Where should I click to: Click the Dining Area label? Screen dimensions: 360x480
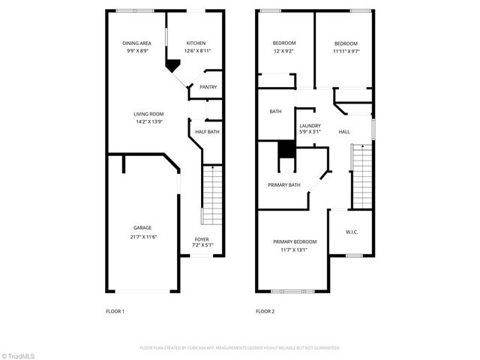click(x=137, y=43)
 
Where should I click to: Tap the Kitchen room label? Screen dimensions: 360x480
click(x=196, y=43)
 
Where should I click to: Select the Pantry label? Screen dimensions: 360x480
click(x=208, y=87)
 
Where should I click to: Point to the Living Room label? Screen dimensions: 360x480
click(x=148, y=113)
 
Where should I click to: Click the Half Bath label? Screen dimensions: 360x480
click(x=207, y=132)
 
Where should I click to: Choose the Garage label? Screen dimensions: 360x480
click(x=142, y=228)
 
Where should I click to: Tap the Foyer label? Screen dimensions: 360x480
click(x=202, y=239)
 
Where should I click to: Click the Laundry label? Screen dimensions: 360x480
click(x=310, y=125)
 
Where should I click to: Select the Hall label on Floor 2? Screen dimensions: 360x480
click(x=344, y=132)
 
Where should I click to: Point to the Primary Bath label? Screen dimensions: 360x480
click(x=284, y=184)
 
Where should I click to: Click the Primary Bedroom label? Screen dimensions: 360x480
click(x=295, y=241)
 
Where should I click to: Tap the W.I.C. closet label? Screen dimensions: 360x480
click(x=352, y=232)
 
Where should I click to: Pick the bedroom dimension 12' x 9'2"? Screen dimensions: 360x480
click(x=284, y=51)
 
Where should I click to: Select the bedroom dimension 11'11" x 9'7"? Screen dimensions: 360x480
click(x=345, y=51)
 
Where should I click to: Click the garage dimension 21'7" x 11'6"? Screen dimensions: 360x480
click(x=142, y=237)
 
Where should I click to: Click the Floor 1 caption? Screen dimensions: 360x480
click(x=115, y=310)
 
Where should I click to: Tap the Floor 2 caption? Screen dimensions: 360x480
click(x=265, y=310)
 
